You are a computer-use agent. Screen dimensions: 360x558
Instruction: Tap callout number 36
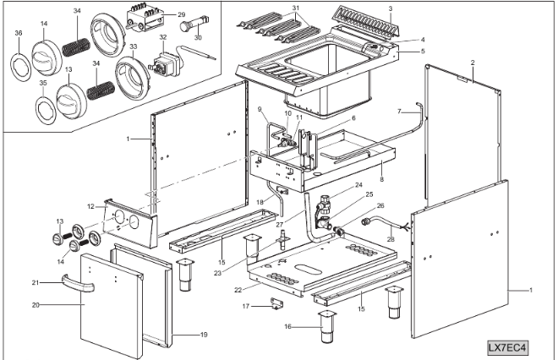[19, 34]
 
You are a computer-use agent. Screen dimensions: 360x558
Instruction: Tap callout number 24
[358, 185]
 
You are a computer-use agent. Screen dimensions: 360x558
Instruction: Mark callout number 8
[382, 179]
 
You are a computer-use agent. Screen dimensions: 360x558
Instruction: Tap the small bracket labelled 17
[276, 303]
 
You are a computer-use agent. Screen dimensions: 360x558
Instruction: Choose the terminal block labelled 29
[149, 17]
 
